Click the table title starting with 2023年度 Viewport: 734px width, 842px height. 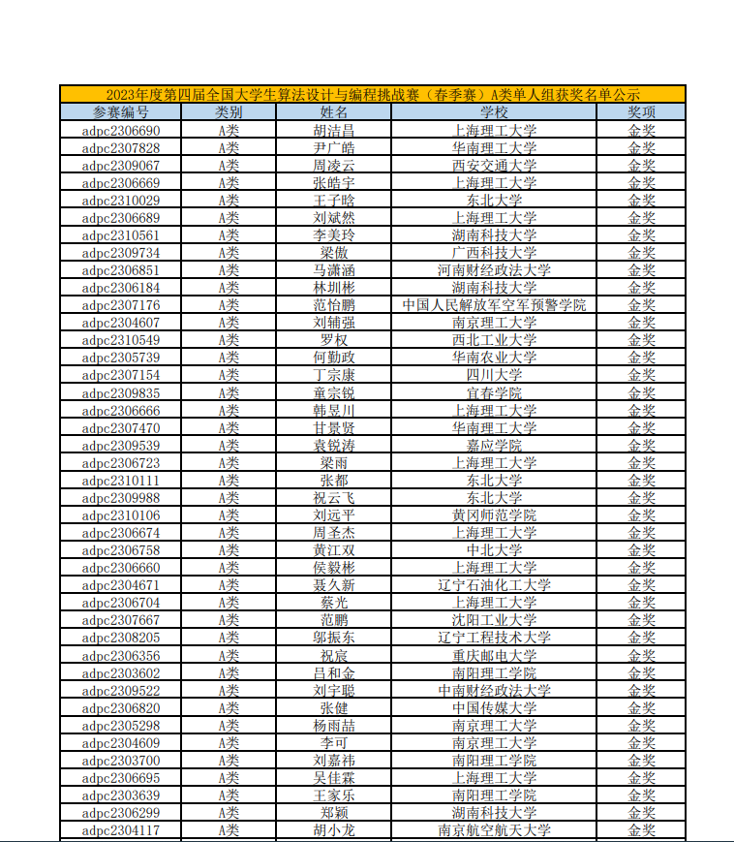(373, 94)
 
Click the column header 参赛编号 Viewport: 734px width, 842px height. (121, 111)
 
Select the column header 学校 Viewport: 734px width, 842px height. (494, 111)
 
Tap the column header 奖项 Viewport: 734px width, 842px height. (641, 111)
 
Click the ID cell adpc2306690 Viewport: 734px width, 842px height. (121, 130)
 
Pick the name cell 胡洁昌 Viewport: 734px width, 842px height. (334, 130)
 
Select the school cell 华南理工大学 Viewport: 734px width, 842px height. (494, 147)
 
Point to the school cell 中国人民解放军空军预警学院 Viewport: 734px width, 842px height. (494, 305)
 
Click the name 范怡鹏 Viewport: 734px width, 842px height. (334, 305)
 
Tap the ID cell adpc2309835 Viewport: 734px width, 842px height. (121, 393)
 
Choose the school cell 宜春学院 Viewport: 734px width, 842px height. (494, 393)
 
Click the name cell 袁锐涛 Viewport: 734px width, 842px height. (334, 446)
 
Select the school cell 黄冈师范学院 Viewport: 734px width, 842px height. (494, 515)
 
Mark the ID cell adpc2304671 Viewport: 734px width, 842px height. (121, 585)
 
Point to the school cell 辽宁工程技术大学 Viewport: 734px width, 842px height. (494, 638)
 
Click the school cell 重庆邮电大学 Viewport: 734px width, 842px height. (494, 656)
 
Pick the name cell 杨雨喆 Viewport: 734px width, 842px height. (334, 726)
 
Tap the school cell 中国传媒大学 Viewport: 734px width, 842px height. (494, 708)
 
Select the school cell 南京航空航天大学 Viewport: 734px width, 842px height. (494, 830)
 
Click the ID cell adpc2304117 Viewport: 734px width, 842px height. (121, 830)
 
